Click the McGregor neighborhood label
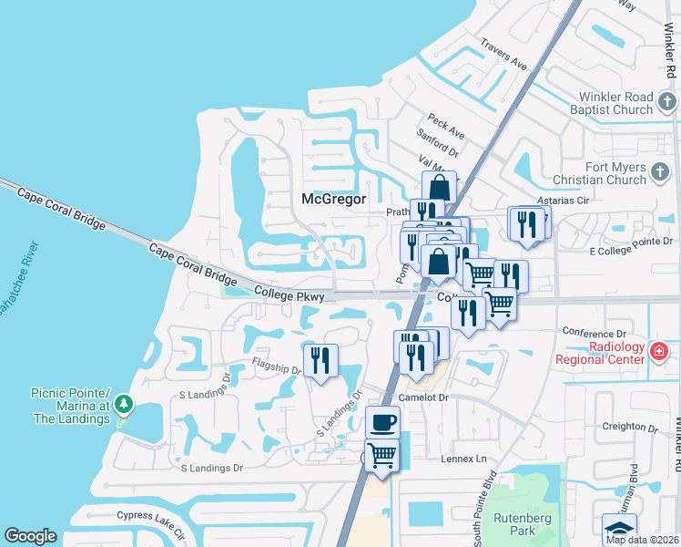point(333,199)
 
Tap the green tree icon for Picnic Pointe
point(124,404)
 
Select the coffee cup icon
point(382,422)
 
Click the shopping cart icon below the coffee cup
point(382,454)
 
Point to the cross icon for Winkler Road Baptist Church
point(666,100)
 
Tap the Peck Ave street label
point(446,127)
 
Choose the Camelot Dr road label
point(424,397)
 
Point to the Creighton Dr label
point(629,427)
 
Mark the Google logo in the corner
point(30,536)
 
